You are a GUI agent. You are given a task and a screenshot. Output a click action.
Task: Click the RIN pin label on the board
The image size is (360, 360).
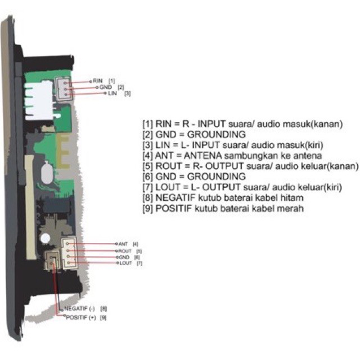(x=98, y=81)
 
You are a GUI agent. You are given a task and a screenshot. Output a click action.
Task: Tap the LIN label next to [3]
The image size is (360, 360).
(x=112, y=93)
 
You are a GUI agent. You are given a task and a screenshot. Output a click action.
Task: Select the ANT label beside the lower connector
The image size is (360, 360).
(x=124, y=244)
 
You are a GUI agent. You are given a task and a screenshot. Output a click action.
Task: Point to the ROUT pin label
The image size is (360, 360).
(x=125, y=250)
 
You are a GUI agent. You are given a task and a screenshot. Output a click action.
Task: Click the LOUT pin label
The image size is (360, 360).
(x=125, y=263)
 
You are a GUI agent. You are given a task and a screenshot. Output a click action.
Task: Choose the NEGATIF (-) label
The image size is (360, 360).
(x=79, y=309)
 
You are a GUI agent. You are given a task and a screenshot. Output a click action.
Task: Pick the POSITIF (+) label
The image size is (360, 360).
(x=80, y=317)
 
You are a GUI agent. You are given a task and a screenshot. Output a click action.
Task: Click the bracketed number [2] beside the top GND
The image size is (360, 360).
(x=121, y=87)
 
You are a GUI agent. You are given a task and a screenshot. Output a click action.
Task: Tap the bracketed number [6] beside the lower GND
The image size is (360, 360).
(x=137, y=256)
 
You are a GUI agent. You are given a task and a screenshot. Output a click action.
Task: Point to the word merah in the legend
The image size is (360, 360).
(x=290, y=209)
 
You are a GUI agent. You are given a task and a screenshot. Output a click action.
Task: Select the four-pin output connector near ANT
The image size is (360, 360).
(x=68, y=253)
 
